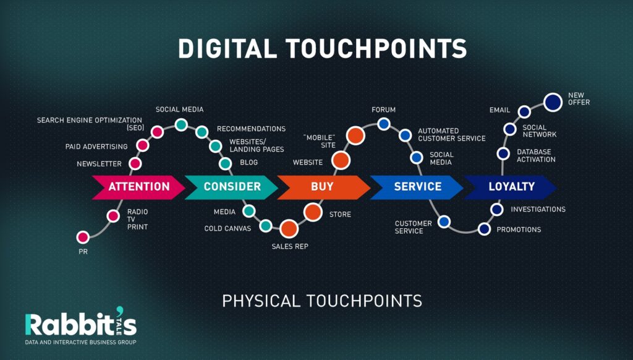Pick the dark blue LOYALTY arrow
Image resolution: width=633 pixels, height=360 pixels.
pyautogui.click(x=510, y=187)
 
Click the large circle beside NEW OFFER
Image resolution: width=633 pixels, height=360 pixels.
pyautogui.click(x=553, y=102)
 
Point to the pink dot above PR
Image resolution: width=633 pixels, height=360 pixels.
pyautogui.click(x=83, y=237)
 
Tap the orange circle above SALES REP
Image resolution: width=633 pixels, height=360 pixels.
pyautogui.click(x=289, y=229)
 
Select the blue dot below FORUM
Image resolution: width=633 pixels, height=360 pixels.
pyautogui.click(x=383, y=124)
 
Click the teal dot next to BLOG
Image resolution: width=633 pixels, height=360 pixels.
pyautogui.click(x=225, y=164)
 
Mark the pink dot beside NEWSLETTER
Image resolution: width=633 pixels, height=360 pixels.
pyautogui.click(x=135, y=164)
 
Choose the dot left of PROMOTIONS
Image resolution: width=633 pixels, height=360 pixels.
pyautogui.click(x=484, y=229)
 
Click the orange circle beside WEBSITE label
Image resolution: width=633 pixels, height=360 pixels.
pyautogui.click(x=341, y=160)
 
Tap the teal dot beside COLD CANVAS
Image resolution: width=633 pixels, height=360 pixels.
pyautogui.click(x=266, y=226)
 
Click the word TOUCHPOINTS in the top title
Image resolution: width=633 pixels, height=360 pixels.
pyautogui.click(x=376, y=48)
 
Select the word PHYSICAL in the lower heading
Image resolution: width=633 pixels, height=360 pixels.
pyautogui.click(x=261, y=301)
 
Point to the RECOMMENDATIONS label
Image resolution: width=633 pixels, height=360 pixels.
pyautogui.click(x=251, y=129)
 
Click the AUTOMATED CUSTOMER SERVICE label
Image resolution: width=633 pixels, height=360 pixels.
pyautogui.click(x=452, y=135)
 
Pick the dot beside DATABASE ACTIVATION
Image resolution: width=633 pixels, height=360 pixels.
pyautogui.click(x=503, y=153)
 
